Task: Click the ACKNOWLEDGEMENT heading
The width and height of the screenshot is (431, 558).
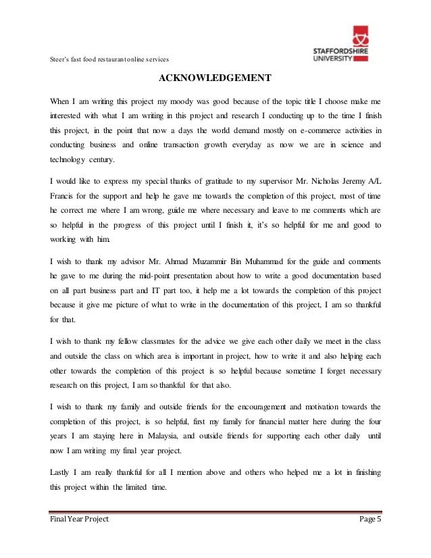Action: pyautogui.click(x=215, y=76)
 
